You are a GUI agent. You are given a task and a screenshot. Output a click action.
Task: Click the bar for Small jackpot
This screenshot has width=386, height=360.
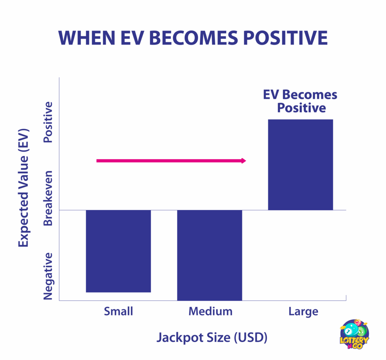coord(118,251)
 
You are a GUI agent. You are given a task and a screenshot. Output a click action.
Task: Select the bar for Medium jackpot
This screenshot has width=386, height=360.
coord(210,255)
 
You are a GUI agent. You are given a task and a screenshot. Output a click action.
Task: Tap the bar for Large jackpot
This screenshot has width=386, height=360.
coord(300,165)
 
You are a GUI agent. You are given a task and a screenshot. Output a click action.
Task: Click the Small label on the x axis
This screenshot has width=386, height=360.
coord(118,311)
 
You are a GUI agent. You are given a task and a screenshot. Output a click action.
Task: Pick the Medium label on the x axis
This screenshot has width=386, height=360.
coord(210,311)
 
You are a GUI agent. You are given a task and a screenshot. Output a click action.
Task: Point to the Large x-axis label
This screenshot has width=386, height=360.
coord(303,312)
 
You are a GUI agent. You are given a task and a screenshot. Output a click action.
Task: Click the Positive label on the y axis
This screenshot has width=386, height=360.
coord(48,122)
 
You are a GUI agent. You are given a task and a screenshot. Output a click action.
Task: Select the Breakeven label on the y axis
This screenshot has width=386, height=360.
coord(48,198)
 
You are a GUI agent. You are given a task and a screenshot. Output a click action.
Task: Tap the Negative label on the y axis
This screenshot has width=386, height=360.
coord(48,276)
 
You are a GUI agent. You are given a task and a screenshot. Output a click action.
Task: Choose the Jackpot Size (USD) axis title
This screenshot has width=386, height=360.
coord(212,337)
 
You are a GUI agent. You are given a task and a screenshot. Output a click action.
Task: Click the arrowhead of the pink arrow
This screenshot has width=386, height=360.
coord(243,161)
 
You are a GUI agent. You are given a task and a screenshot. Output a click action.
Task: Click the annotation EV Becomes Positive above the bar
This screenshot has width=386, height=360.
coord(300,101)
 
